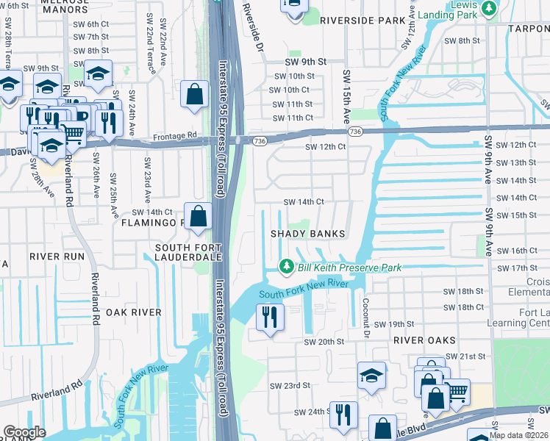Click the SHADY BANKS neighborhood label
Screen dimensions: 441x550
pyautogui.click(x=308, y=234)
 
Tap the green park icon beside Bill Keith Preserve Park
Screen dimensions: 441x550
pyautogui.click(x=287, y=267)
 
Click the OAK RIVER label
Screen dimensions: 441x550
pyautogui.click(x=133, y=312)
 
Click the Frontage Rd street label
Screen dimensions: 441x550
pyautogui.click(x=175, y=136)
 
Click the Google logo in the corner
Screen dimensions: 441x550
pyautogui.click(x=24, y=432)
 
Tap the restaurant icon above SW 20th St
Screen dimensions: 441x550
pyautogui.click(x=269, y=318)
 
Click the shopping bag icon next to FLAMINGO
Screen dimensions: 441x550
pyautogui.click(x=198, y=218)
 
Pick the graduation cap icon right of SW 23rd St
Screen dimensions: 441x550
pyautogui.click(x=372, y=376)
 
